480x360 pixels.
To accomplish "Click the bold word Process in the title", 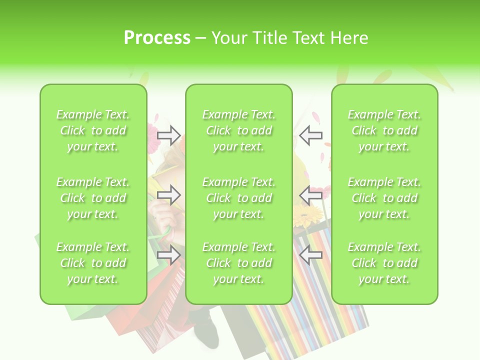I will coord(157,38).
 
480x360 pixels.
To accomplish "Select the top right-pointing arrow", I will coord(169,135).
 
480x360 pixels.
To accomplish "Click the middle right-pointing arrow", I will coord(169,195).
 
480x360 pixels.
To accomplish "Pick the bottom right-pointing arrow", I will coord(169,255).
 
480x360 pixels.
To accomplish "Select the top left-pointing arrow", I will coord(310,135).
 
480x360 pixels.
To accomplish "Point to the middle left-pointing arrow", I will coord(310,195).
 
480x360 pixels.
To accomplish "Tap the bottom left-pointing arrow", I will coord(310,255).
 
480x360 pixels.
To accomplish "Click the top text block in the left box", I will coord(93,130).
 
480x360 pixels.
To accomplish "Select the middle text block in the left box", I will coord(93,198).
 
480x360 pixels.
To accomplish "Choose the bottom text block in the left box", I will coord(93,263).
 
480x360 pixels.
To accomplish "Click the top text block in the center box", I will coord(239,130).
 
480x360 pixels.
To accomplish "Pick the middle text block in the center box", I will coord(239,198).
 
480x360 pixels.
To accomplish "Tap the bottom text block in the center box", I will coord(239,263).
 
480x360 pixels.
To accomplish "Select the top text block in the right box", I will coord(384,130).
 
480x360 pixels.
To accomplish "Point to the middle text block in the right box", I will coord(384,198).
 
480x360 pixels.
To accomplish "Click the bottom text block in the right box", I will coord(384,263).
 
